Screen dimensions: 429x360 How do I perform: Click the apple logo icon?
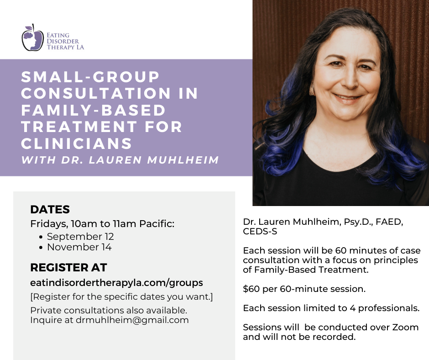[32, 38]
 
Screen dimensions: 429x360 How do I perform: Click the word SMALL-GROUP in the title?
[90, 77]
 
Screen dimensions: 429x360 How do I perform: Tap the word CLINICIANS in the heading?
[77, 143]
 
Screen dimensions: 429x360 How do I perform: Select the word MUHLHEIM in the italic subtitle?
[183, 160]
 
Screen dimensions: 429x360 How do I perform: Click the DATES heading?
[50, 209]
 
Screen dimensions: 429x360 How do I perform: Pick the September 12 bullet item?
[80, 237]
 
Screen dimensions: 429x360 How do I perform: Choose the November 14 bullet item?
[79, 247]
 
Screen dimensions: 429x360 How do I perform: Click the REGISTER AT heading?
[68, 267]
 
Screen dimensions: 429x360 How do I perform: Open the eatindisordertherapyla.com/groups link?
[116, 282]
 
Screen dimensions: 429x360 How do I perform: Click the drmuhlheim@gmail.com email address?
[132, 320]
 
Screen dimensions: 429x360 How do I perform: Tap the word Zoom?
[405, 327]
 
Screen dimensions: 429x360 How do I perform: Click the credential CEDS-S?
[260, 232]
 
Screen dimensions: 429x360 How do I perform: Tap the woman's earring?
[312, 89]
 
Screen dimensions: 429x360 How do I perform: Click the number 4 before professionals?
[353, 308]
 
